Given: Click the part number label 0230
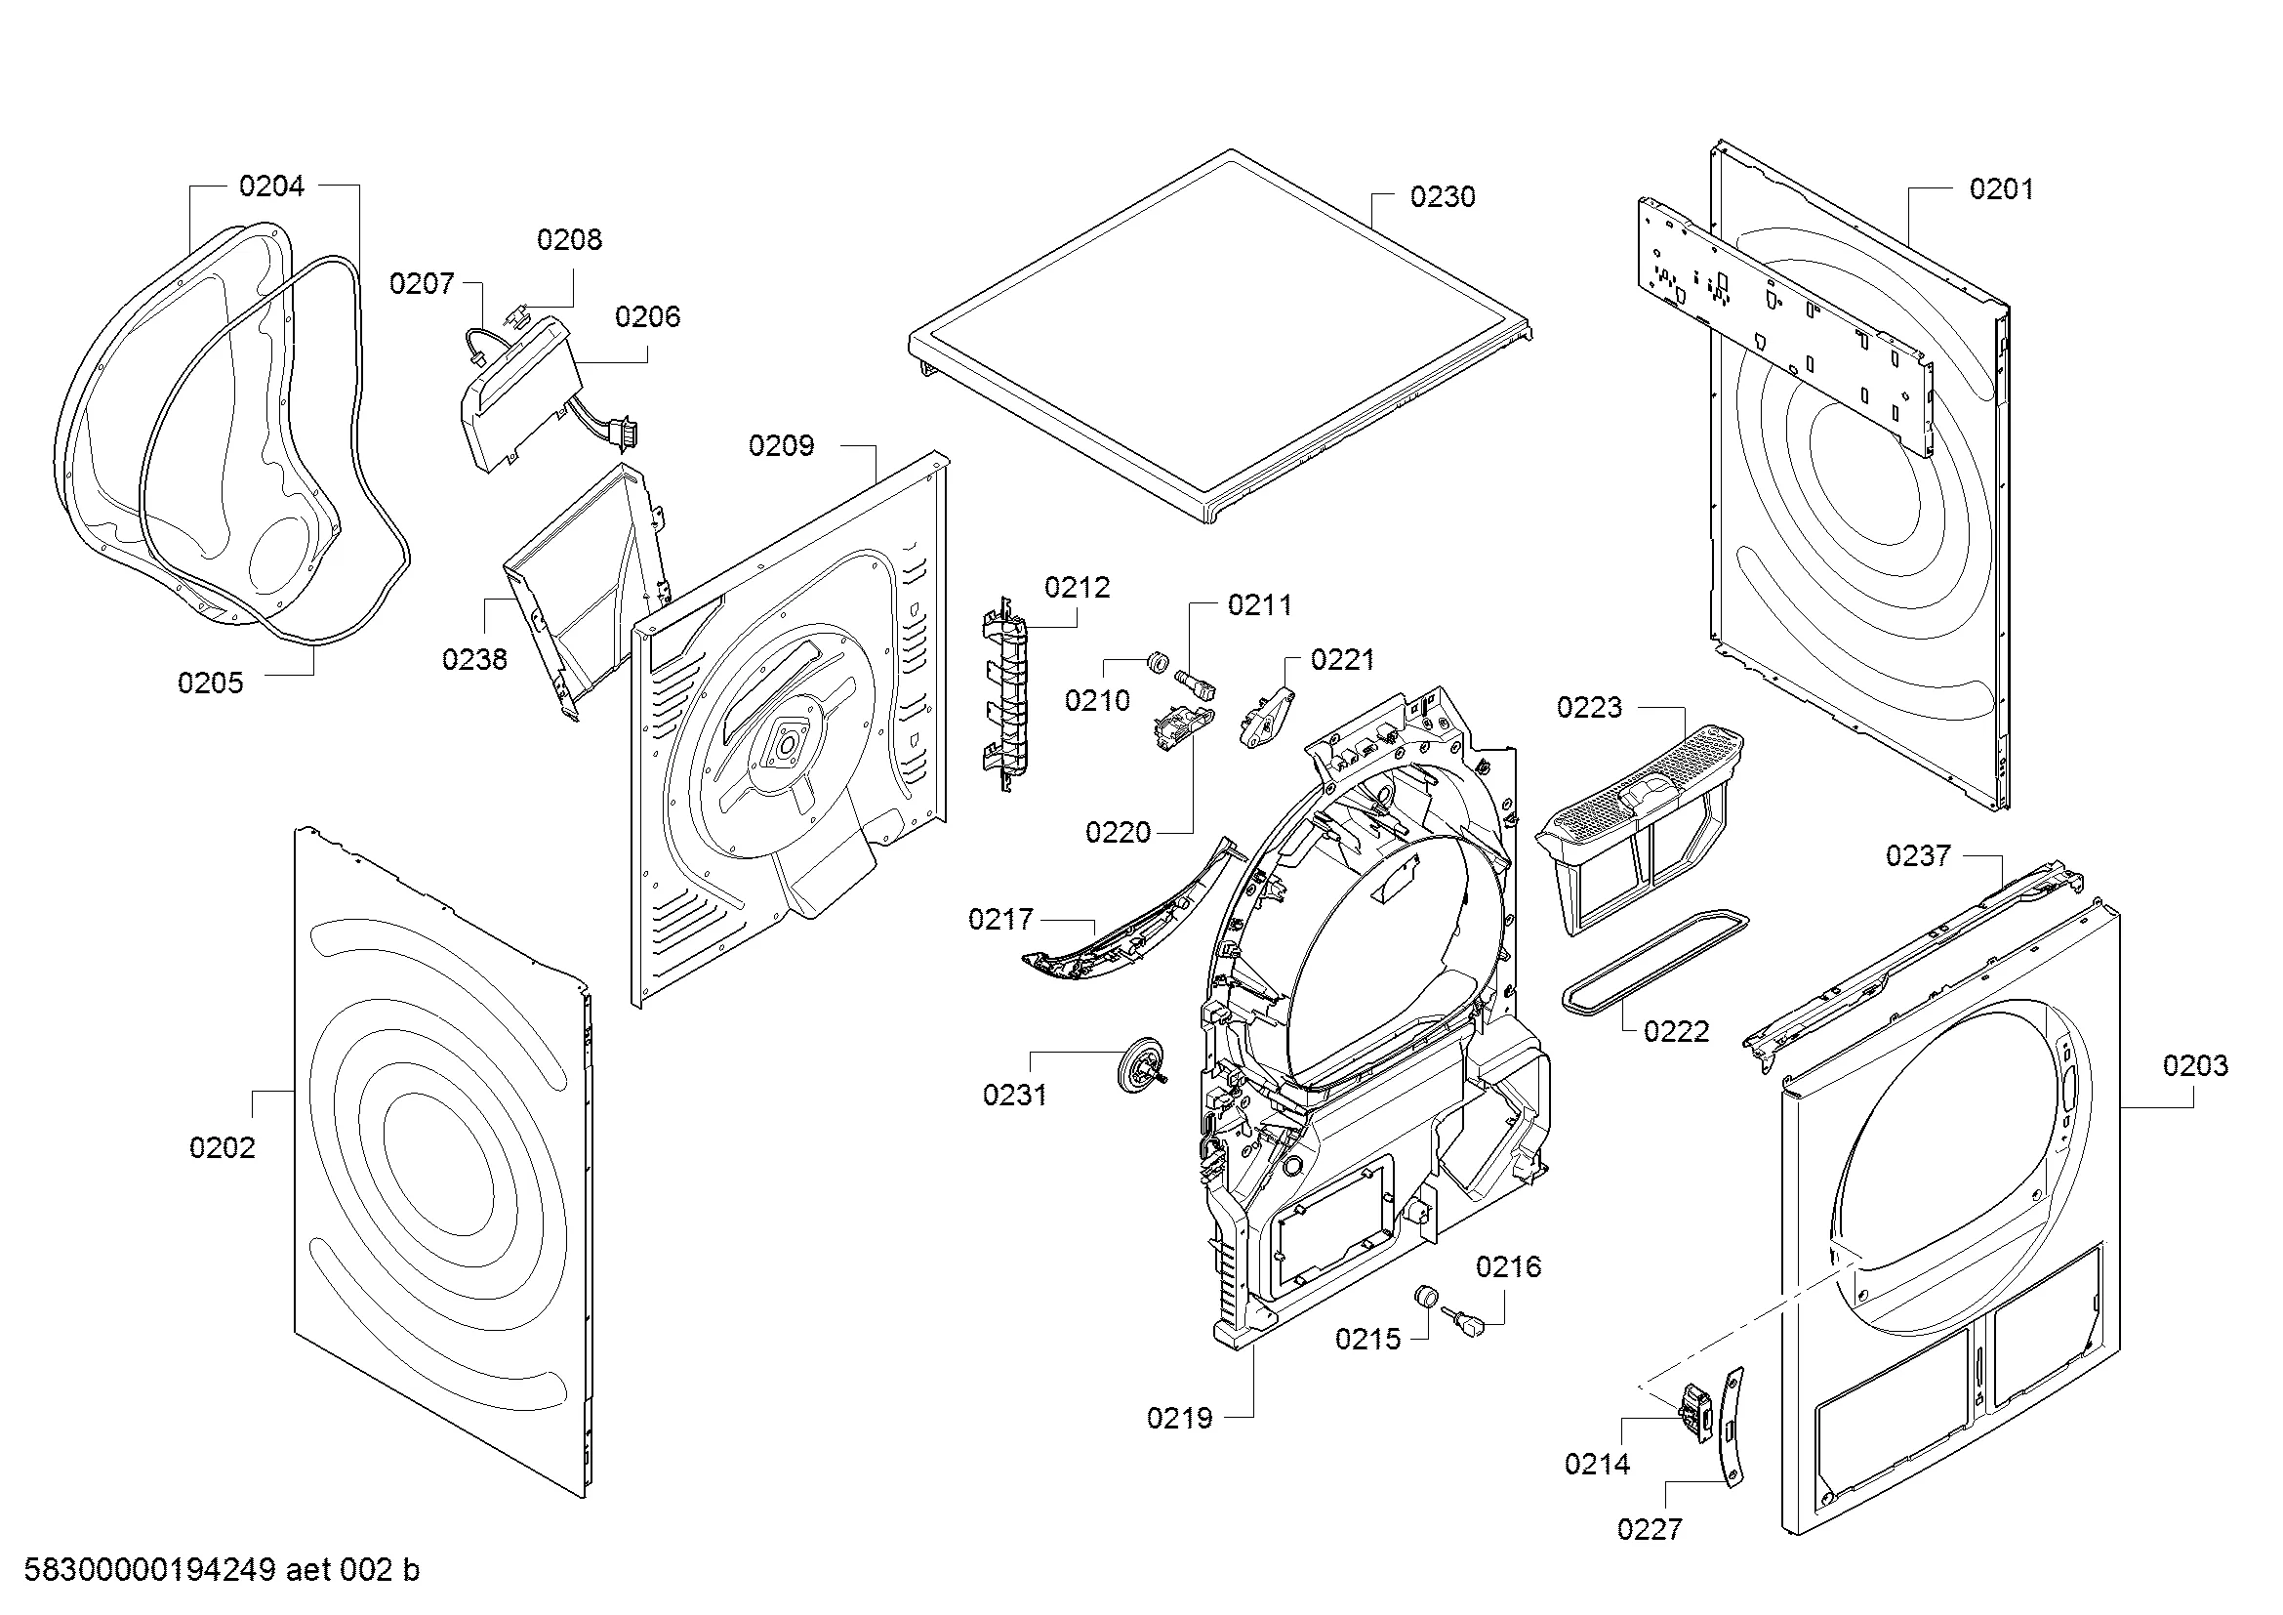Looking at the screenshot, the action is click(x=1442, y=197).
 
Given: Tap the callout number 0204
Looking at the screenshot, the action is click(x=271, y=186).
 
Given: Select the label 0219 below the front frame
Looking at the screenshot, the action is click(x=1179, y=1419).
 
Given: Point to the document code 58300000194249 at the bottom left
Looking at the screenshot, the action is click(x=149, y=1570).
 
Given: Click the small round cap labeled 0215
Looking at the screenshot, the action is click(x=1427, y=1297).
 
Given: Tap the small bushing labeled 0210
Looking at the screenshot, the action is click(x=1157, y=661).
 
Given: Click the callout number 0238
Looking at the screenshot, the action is click(x=474, y=659).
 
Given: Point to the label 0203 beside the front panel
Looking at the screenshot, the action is click(x=2195, y=1066).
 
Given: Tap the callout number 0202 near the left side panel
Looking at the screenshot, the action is click(x=222, y=1148).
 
